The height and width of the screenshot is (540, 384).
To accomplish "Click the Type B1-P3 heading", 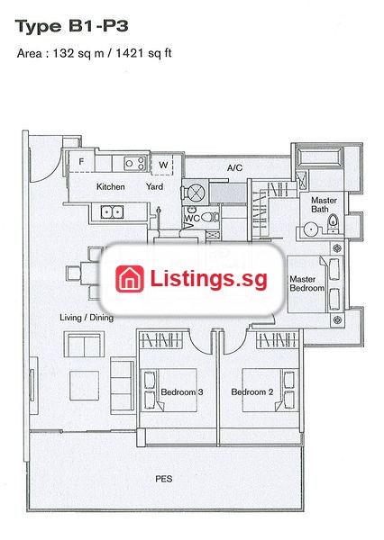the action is (x=72, y=26).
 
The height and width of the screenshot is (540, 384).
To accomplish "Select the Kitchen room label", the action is (x=110, y=186).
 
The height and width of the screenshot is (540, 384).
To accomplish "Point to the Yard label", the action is (x=154, y=186).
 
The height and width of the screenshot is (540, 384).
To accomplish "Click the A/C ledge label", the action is (x=234, y=167).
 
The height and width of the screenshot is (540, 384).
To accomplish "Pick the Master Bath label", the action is (x=324, y=204).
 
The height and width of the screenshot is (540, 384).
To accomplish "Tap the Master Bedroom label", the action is (x=306, y=283).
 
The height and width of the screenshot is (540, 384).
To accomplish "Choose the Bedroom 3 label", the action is (x=182, y=391).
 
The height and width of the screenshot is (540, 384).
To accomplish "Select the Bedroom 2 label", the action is (x=252, y=391).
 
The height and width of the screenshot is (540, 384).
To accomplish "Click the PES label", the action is (x=163, y=479).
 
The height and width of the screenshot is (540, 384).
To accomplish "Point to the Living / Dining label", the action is (x=87, y=318).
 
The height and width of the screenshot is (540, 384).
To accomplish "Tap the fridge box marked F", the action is (x=81, y=161).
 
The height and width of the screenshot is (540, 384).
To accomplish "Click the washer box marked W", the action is (x=163, y=165).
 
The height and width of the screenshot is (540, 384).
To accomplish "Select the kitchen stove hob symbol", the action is (x=135, y=163).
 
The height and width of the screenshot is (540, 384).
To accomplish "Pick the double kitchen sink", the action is (x=112, y=211).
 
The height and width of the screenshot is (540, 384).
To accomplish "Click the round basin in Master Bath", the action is (x=311, y=229).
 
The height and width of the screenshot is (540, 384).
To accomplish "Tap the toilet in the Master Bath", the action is (x=333, y=223).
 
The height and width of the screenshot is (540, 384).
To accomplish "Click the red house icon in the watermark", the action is (x=130, y=279).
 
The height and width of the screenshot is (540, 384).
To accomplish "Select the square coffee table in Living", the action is (x=84, y=385).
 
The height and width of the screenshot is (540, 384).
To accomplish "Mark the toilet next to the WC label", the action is (x=210, y=217).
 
